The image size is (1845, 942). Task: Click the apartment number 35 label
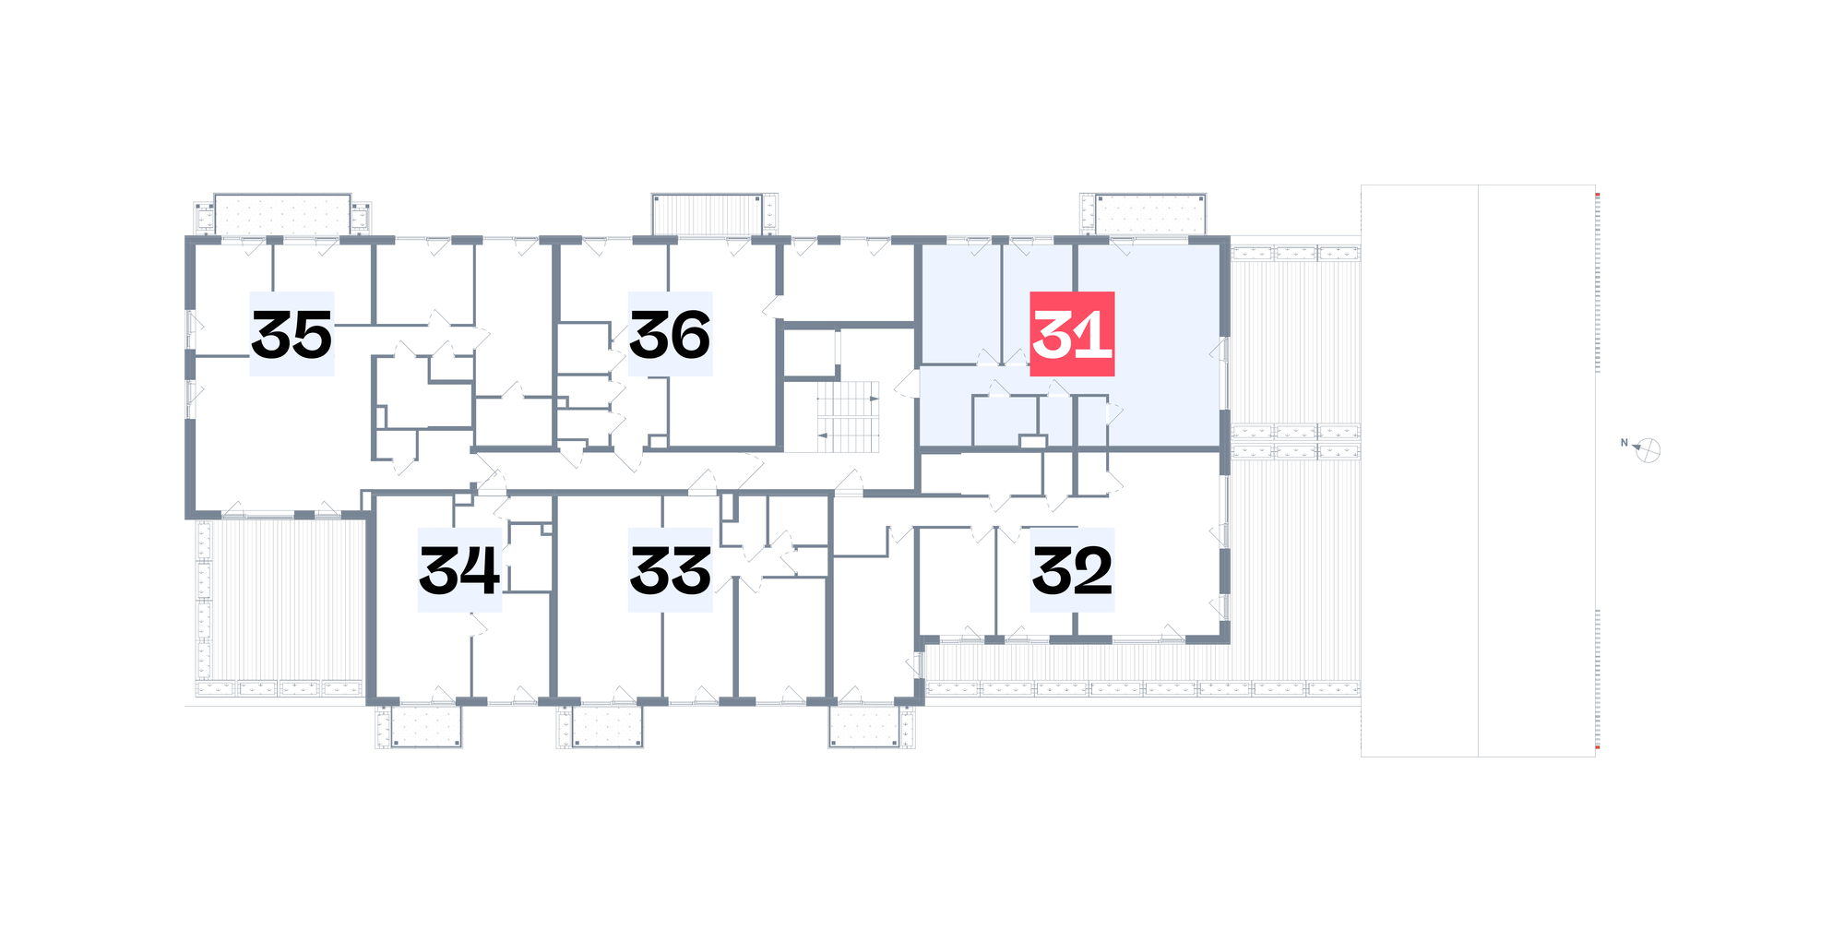pyautogui.click(x=292, y=334)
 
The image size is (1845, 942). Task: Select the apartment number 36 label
pyautogui.click(x=670, y=334)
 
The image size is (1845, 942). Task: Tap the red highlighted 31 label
pyautogui.click(x=1072, y=334)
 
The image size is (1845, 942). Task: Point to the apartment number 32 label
pyautogui.click(x=1072, y=570)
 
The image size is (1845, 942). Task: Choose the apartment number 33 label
pyautogui.click(x=670, y=570)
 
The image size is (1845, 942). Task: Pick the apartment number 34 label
pyautogui.click(x=459, y=570)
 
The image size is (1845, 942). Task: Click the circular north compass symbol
pyautogui.click(x=1649, y=450)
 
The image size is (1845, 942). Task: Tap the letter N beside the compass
pyautogui.click(x=1625, y=443)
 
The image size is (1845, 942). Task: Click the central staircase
pyautogui.click(x=847, y=417)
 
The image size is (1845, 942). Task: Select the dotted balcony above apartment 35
pyautogui.click(x=282, y=215)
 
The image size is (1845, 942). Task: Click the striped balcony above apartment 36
pyautogui.click(x=708, y=214)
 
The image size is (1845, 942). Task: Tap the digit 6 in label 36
pyautogui.click(x=690, y=335)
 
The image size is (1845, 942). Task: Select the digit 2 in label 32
pyautogui.click(x=1092, y=571)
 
